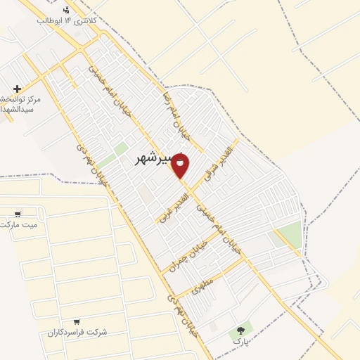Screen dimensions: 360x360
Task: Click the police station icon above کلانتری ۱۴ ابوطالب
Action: [66, 9]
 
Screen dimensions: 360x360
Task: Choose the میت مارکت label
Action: [18, 224]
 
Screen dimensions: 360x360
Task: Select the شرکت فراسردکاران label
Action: [77, 331]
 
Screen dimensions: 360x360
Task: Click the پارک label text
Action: [243, 340]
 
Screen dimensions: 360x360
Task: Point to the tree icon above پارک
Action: [243, 328]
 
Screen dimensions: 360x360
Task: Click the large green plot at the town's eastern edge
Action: [288, 233]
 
